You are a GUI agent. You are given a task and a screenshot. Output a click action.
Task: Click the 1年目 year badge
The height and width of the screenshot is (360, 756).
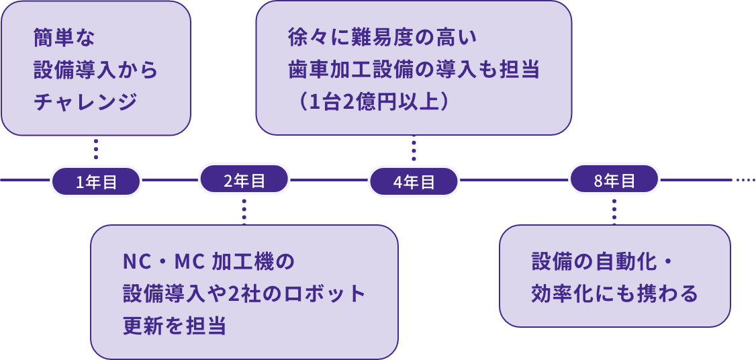point(96,182)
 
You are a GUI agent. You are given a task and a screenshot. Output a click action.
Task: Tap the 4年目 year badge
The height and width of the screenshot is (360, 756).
point(414,182)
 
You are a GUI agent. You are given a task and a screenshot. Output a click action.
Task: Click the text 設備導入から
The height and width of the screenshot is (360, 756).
point(95,71)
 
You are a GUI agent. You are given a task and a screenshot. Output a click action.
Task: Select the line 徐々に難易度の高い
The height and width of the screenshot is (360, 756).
point(382,37)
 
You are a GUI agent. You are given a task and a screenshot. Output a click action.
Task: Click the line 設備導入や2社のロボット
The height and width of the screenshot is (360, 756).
point(244,294)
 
